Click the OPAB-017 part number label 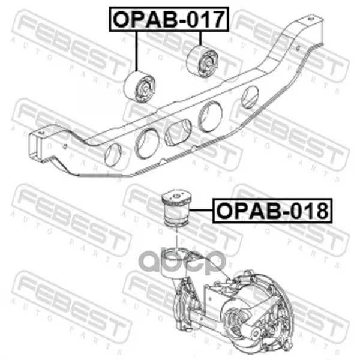point(169,19)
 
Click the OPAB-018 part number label point(272,211)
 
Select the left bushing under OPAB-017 point(140,87)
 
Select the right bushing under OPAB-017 point(203,61)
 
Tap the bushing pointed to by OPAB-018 point(177,208)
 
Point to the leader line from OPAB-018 point(201,210)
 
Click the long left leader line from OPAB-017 point(136,51)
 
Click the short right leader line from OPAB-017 point(200,38)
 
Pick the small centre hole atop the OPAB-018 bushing point(176,196)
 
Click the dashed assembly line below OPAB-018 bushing point(176,238)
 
